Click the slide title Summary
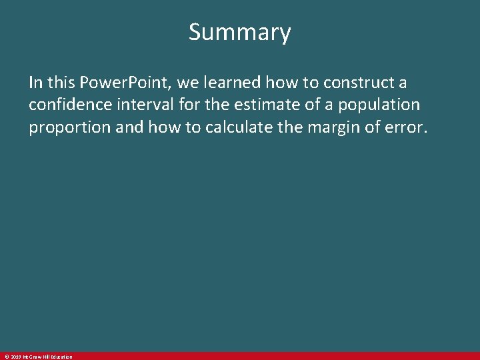240,32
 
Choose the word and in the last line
129,127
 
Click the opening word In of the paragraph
35,83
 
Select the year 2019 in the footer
15,357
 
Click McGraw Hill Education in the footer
47,357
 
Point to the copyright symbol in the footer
5,357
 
